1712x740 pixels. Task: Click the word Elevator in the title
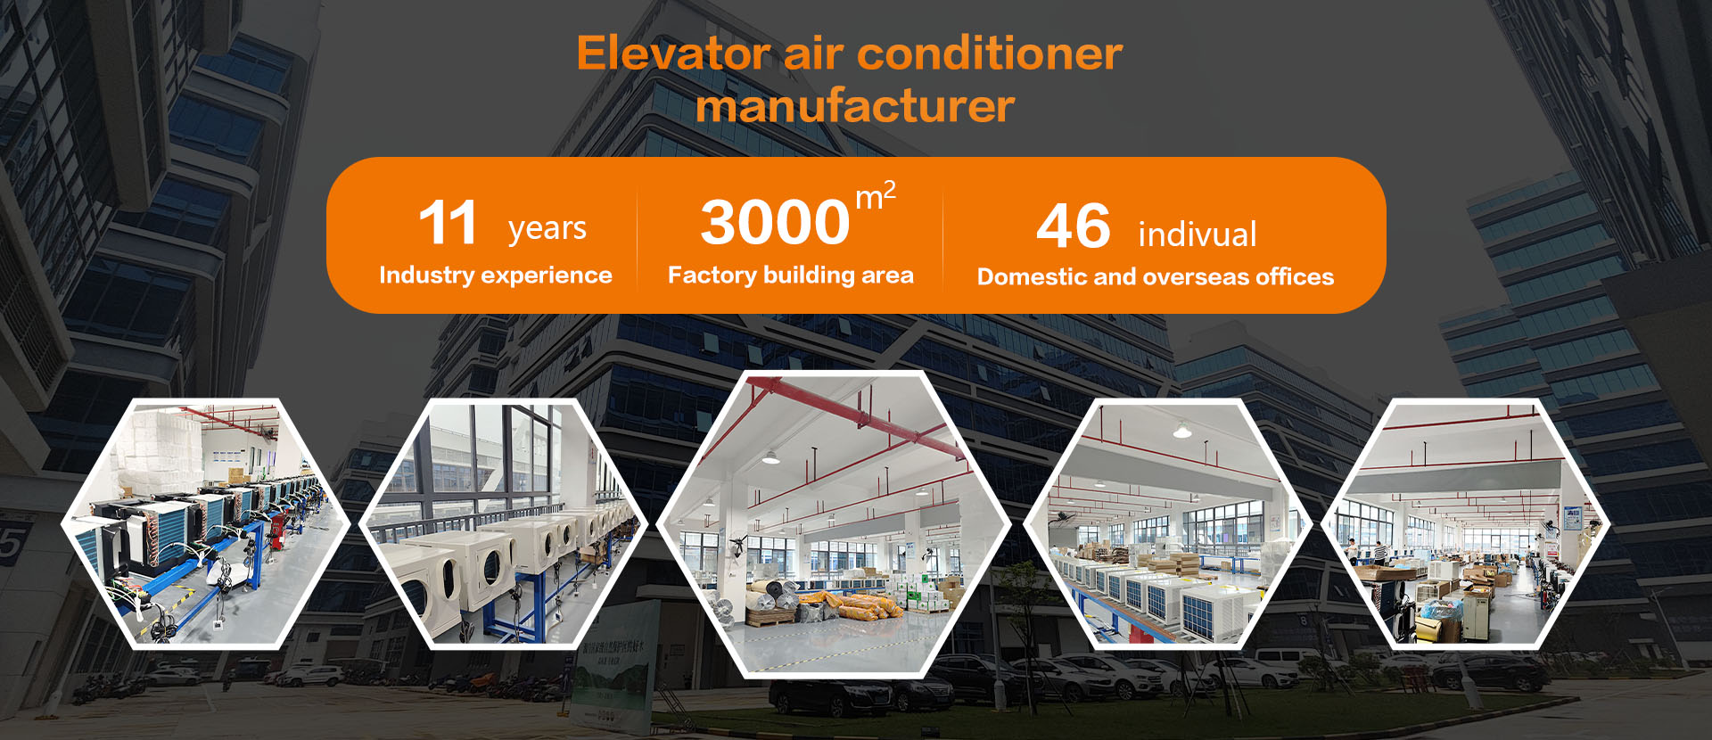coord(673,53)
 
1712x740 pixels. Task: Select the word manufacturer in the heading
coord(855,106)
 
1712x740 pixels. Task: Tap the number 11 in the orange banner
coord(448,223)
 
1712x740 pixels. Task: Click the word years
coord(547,228)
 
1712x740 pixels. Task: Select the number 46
coord(1074,226)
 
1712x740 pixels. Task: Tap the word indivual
coord(1197,234)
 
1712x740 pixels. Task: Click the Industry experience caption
coord(496,275)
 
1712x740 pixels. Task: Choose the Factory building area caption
coord(791,275)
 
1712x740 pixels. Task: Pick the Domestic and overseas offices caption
coord(1156,277)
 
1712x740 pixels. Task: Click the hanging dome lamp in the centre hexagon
coord(769,457)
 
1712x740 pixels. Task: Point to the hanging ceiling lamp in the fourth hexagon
coord(1182,432)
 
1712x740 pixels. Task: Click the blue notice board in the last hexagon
coord(1572,518)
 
